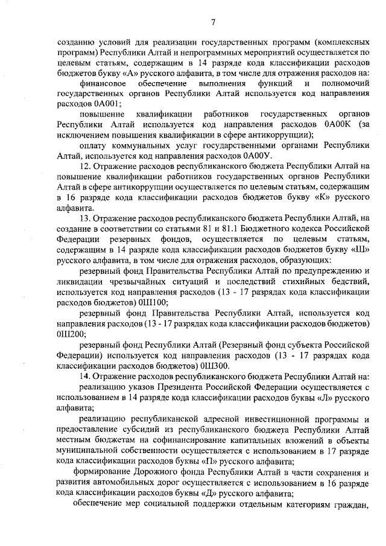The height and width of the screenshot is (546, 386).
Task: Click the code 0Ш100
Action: click(151, 302)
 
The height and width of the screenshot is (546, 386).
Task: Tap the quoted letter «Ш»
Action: click(359, 249)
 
